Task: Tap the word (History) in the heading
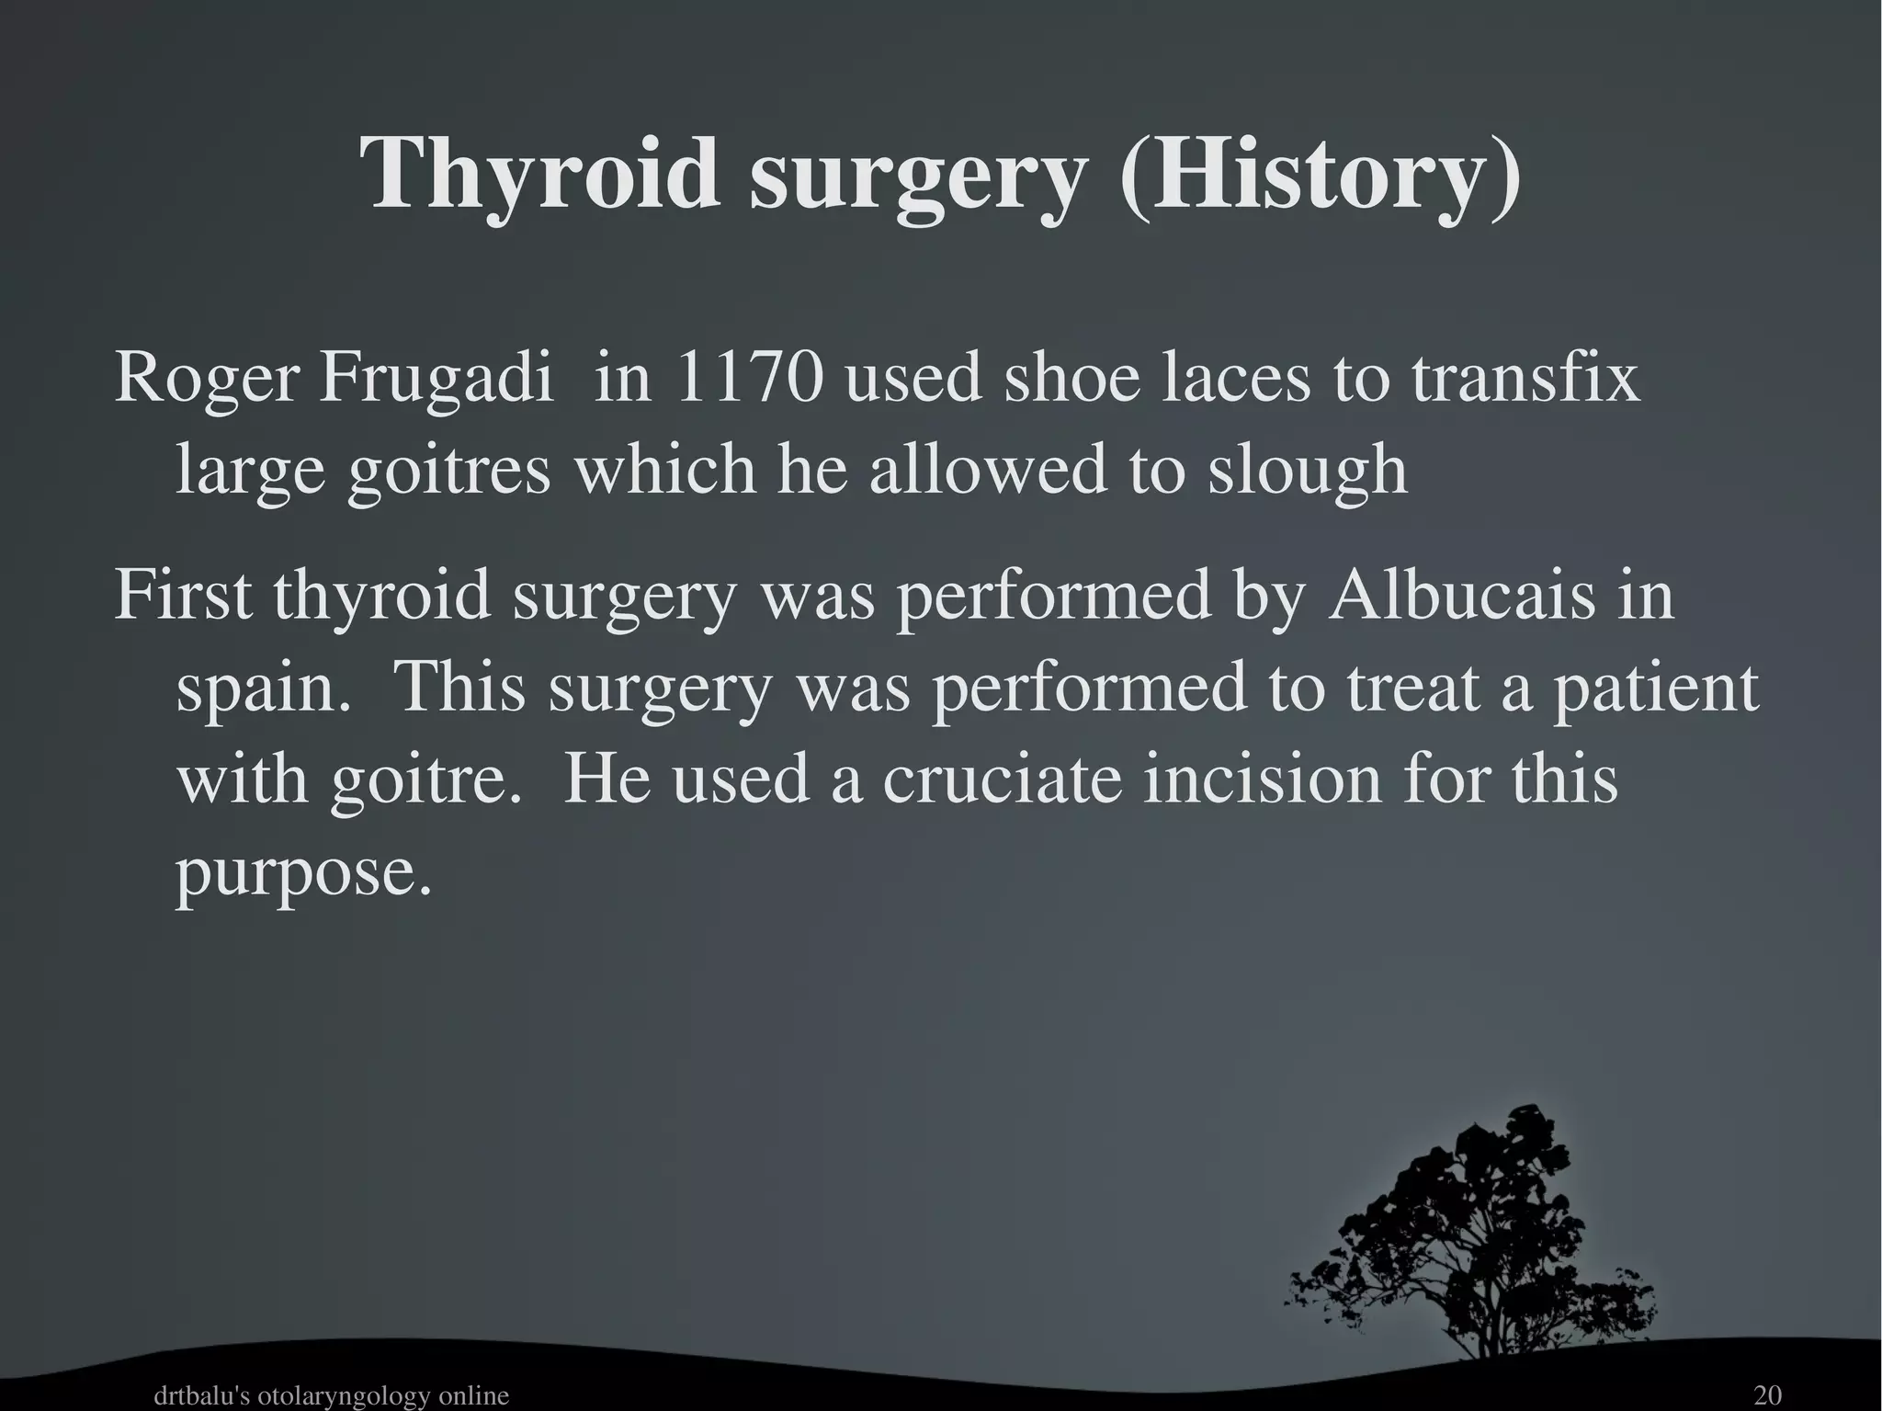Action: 1319,175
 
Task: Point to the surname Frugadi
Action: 437,379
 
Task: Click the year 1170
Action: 748,379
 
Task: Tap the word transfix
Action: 1525,379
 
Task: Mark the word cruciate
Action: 1003,779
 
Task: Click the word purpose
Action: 303,873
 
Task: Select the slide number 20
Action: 1767,1395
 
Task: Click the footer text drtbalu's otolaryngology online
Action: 331,1395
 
